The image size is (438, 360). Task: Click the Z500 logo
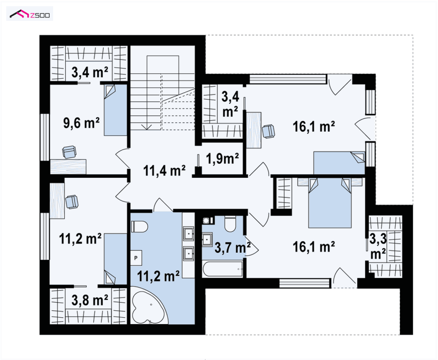click(30, 14)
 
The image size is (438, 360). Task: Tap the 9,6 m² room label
click(81, 123)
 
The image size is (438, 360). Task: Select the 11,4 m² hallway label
click(164, 170)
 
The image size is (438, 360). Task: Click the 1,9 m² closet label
click(222, 159)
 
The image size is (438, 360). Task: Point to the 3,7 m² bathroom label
click(232, 248)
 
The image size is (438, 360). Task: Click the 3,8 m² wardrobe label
click(90, 300)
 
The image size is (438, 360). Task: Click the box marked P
click(136, 258)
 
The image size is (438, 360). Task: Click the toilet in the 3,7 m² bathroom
click(231, 224)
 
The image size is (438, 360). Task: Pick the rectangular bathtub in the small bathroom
click(222, 269)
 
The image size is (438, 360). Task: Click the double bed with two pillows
click(330, 203)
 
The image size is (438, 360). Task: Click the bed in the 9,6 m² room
click(115, 110)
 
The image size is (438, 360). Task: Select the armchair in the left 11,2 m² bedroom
click(71, 202)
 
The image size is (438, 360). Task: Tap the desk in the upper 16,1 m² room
click(254, 130)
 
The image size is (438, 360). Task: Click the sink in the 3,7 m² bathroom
click(207, 239)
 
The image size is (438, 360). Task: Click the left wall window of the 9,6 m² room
click(44, 137)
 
